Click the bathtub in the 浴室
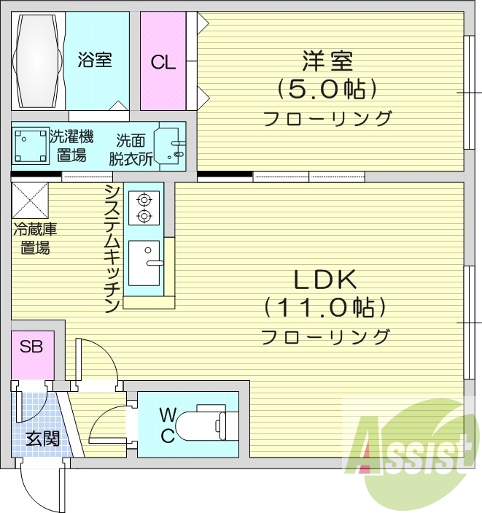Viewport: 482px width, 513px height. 39,61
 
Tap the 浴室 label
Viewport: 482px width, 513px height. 95,61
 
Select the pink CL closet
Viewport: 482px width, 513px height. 163,62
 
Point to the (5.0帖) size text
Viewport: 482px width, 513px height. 327,89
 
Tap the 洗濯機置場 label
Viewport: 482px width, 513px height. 71,144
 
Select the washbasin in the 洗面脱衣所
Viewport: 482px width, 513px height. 172,144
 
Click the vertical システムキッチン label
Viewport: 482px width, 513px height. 112,248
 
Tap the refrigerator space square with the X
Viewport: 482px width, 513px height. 30,200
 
